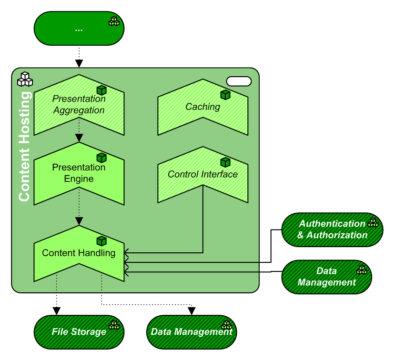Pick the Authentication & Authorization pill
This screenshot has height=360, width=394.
coord(332,230)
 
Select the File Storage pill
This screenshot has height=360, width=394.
coord(79,331)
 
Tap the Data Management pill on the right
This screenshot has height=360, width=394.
coord(326,277)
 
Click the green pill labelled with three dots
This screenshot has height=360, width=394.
coord(79,29)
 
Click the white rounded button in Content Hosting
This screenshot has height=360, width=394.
coord(239,81)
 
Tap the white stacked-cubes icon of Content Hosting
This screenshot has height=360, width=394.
coord(25,79)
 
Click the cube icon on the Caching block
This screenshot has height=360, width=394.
coord(225,95)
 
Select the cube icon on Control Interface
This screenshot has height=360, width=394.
coord(225,162)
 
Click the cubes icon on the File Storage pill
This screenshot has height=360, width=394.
coord(114,325)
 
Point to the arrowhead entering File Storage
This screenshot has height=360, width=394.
coord(57,311)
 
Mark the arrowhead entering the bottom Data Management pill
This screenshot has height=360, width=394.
coord(192,311)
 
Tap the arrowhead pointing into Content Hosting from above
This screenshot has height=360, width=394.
coord(79,63)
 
